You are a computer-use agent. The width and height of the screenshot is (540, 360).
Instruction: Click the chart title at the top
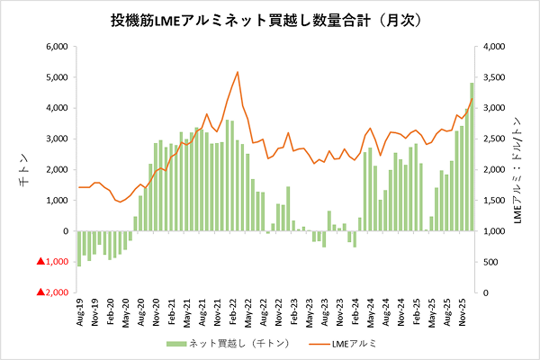[x=265, y=21]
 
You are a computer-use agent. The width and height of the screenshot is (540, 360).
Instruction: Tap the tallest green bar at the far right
[x=472, y=157]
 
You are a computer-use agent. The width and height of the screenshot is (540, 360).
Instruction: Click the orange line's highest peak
[x=238, y=72]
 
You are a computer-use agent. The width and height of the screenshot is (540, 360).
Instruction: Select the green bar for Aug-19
[x=79, y=248]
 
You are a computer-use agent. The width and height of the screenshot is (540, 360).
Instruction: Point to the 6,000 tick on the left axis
[x=57, y=47]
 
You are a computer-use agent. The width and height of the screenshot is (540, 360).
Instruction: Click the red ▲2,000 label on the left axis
[x=52, y=292]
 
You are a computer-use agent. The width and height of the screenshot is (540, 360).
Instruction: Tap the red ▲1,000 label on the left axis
[x=52, y=262]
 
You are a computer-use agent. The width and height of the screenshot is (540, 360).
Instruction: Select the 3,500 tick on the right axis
[x=494, y=77]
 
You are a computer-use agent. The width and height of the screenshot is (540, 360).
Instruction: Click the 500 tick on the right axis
[x=490, y=262]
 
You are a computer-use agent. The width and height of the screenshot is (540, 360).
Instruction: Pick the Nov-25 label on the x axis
[x=463, y=312]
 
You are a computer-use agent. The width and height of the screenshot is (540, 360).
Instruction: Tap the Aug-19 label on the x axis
[x=80, y=312]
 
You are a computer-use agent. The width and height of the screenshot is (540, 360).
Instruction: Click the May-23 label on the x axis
[x=310, y=312]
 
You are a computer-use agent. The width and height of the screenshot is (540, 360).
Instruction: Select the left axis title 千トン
[x=24, y=170]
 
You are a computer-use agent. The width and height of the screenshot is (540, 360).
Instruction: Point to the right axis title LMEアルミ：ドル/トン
[x=517, y=170]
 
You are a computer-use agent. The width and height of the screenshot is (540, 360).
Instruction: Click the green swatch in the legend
[x=176, y=344]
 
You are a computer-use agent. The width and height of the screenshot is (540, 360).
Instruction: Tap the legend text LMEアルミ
[x=355, y=344]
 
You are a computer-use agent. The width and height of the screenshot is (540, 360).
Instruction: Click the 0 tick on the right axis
[x=486, y=292]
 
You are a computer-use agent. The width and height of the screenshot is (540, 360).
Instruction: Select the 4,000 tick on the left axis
[x=57, y=108]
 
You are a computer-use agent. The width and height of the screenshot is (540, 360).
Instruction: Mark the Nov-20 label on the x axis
[x=157, y=312]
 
